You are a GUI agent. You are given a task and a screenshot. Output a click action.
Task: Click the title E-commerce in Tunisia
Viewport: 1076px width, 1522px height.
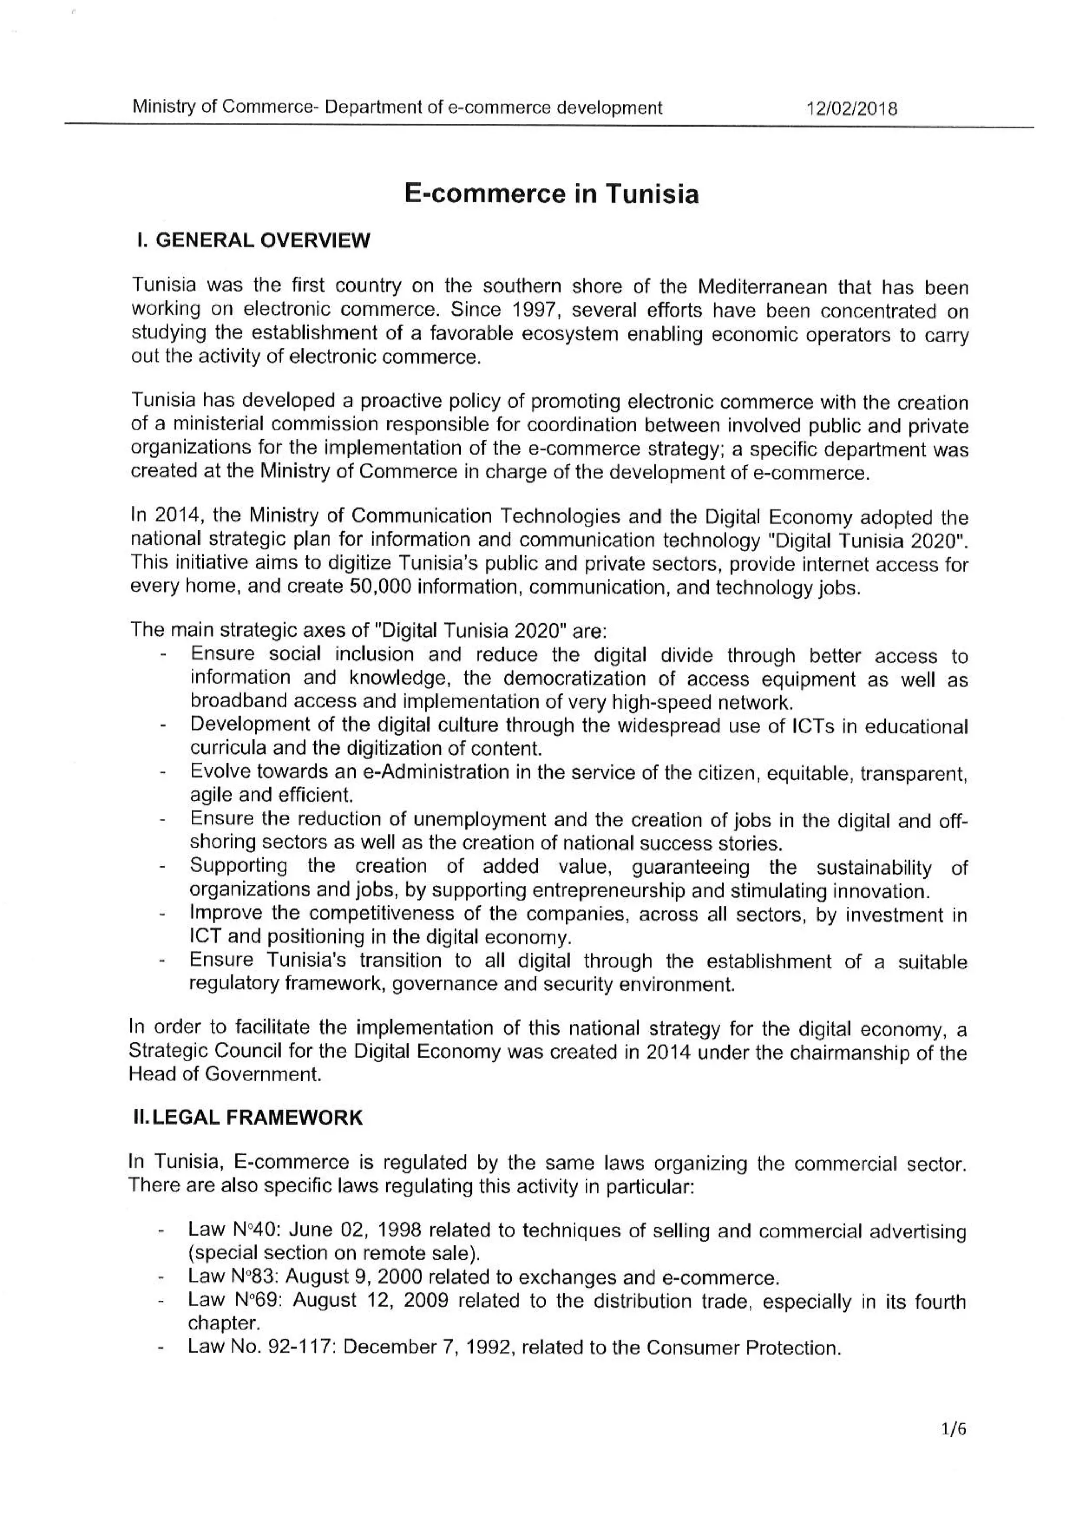[x=552, y=194]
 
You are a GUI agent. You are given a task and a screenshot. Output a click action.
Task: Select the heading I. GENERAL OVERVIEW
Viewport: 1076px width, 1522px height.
[x=253, y=240]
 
